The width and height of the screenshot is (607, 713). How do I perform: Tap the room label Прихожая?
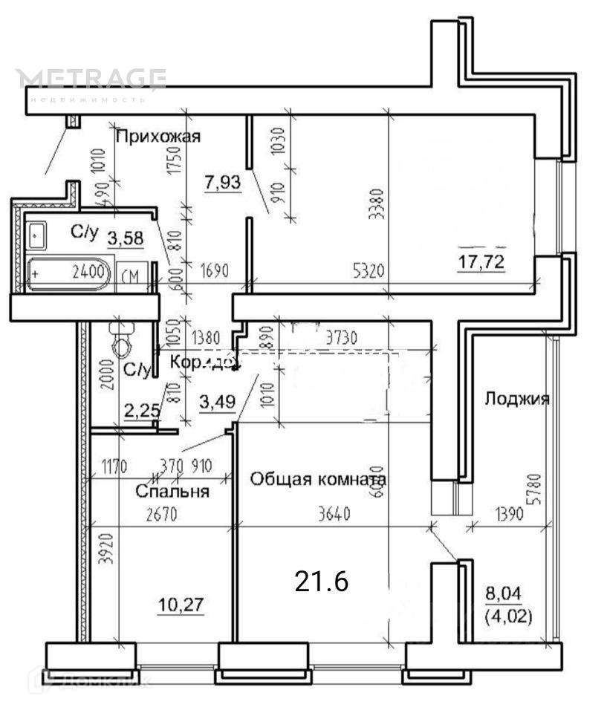point(158,136)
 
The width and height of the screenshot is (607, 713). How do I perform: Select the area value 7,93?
point(223,180)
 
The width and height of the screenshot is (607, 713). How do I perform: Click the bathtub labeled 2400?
point(68,273)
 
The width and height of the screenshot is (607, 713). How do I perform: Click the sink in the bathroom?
point(36,235)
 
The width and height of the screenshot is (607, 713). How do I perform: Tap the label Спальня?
point(172,491)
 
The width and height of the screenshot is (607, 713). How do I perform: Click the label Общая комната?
point(318,479)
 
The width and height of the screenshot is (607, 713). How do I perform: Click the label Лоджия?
point(516,399)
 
